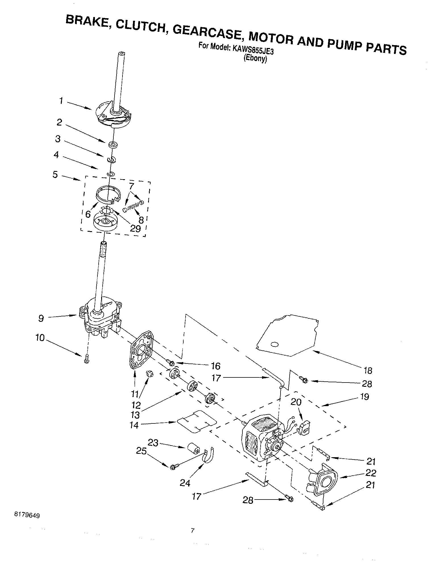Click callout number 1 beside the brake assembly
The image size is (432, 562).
(61, 101)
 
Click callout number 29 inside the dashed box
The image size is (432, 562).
(135, 228)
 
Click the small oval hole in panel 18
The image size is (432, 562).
(274, 344)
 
